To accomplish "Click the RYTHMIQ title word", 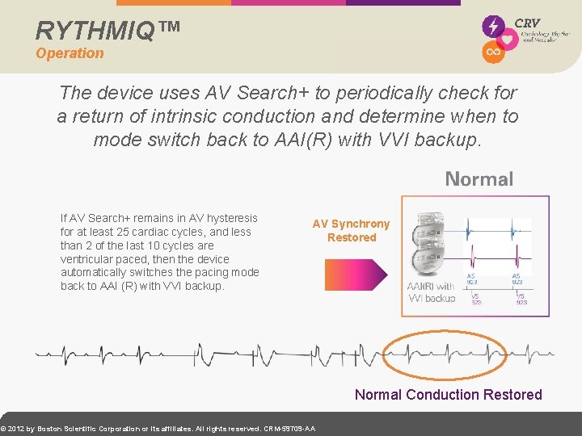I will (x=95, y=30).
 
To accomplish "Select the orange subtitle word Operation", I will (x=70, y=53).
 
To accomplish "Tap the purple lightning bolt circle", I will (x=492, y=27).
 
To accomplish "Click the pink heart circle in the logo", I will (x=508, y=40).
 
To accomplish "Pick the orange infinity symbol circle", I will (x=492, y=52).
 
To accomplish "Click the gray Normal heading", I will (x=479, y=179).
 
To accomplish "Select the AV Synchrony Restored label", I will (x=351, y=230).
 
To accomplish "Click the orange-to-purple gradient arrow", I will (x=356, y=275).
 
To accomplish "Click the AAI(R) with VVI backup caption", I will (x=432, y=292).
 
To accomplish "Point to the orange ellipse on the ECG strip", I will (x=445, y=353).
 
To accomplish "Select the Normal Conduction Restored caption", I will (x=448, y=394).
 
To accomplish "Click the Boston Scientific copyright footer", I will (x=158, y=428).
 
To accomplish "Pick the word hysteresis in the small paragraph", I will (x=230, y=218).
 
